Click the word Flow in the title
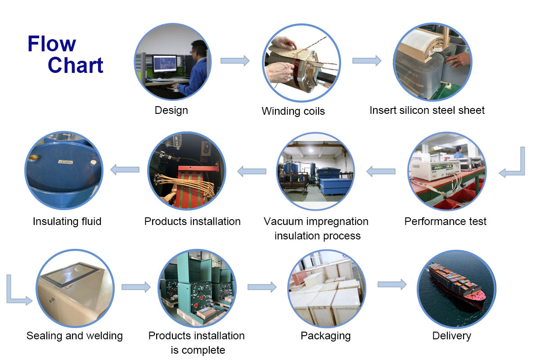pyautogui.click(x=52, y=44)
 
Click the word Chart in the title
pyautogui.click(x=76, y=65)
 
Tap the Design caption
pyautogui.click(x=171, y=110)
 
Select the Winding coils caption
pyautogui.click(x=293, y=111)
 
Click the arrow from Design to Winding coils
pyautogui.click(x=235, y=60)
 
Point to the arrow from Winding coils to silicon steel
pyautogui.click(x=367, y=60)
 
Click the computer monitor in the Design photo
pyautogui.click(x=165, y=64)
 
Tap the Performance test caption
pyautogui.click(x=445, y=221)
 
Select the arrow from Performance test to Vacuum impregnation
pyautogui.click(x=381, y=171)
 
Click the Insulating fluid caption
pyautogui.click(x=67, y=221)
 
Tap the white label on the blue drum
pyautogui.click(x=66, y=162)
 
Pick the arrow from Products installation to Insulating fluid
pyautogui.click(x=125, y=170)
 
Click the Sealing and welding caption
pyautogui.click(x=75, y=336)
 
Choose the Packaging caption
pyautogui.click(x=325, y=336)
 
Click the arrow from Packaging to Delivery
pyautogui.click(x=392, y=284)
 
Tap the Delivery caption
pyautogui.click(x=451, y=336)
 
